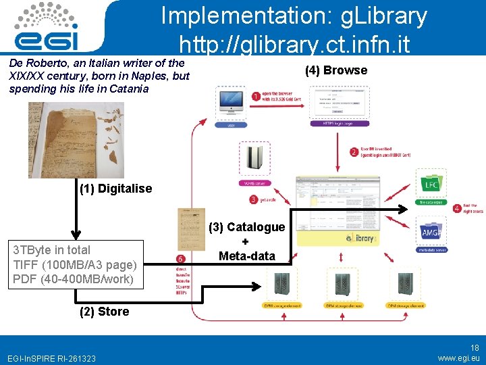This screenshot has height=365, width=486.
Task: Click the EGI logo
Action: click(47, 27)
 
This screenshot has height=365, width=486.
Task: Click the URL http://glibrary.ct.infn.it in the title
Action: click(294, 45)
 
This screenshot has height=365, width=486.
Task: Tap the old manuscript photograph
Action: click(67, 139)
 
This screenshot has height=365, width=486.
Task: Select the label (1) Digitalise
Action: click(116, 189)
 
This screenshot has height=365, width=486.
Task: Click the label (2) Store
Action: click(104, 312)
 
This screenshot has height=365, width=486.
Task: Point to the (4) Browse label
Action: click(336, 70)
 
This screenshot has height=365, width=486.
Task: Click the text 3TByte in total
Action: click(52, 250)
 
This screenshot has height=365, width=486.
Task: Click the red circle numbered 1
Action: click(255, 97)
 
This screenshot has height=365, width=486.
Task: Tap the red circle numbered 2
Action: click(354, 152)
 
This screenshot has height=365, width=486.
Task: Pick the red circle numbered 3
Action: click(253, 199)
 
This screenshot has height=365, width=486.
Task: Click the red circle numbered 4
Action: click(457, 208)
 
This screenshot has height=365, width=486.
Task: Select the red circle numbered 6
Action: click(180, 259)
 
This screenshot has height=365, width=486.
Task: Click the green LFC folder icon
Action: click(430, 184)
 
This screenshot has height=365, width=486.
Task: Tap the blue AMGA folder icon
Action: click(431, 233)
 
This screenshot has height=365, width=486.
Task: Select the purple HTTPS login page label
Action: click(330, 124)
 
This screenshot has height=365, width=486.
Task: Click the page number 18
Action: click(475, 347)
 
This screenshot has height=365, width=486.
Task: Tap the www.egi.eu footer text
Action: click(458, 358)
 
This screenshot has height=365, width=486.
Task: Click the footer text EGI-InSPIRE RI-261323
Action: click(51, 358)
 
